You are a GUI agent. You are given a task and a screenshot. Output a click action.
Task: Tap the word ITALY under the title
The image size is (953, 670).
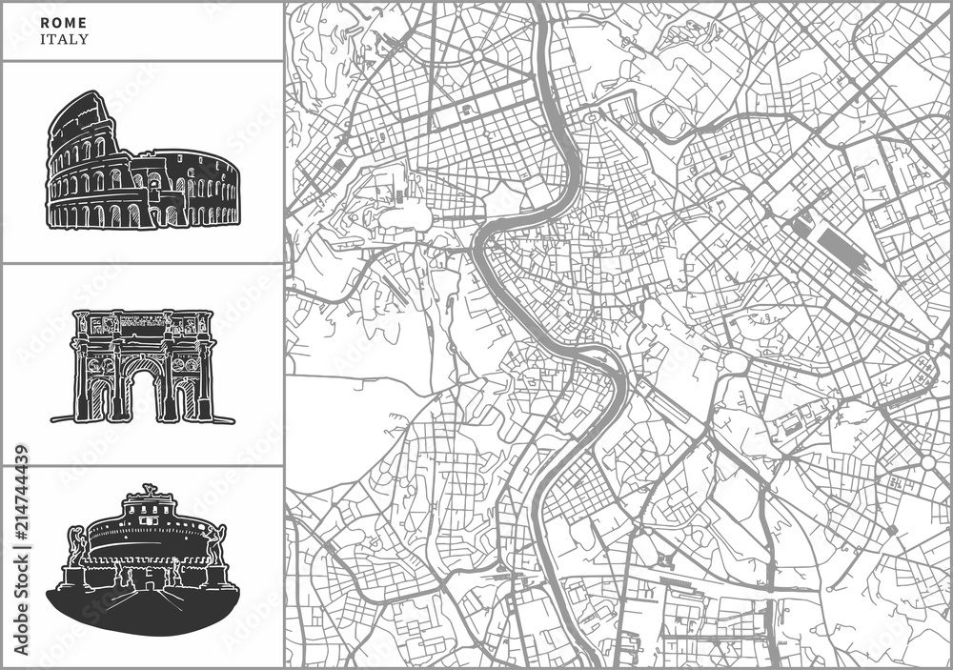click(x=65, y=40)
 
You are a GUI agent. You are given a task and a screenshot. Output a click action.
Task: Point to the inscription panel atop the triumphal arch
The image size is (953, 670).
click(x=142, y=321)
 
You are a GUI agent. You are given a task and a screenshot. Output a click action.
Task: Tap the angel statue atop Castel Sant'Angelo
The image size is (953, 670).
click(x=148, y=490)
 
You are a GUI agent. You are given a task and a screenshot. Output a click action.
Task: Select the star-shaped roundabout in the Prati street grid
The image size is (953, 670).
click(x=476, y=56)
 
